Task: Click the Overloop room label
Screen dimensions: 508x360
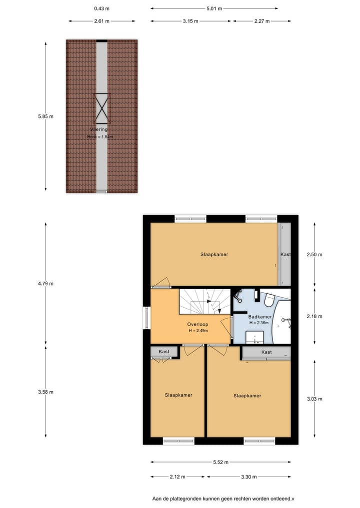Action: [198, 324]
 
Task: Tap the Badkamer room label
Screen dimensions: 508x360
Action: [260, 317]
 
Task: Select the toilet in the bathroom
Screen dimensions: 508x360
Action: [269, 300]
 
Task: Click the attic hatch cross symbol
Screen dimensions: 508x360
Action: [101, 108]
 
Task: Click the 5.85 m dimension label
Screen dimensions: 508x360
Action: [45, 116]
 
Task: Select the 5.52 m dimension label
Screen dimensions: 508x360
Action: [220, 462]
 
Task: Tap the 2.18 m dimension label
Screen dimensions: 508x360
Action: [314, 316]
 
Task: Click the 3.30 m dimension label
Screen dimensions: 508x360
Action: [248, 477]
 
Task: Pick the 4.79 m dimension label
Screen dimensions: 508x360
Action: [45, 283]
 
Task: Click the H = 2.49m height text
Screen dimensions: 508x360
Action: [198, 331]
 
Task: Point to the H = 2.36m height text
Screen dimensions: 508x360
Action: [259, 323]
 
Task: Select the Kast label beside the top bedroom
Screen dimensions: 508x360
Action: [285, 255]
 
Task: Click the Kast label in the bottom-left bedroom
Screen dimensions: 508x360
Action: [164, 352]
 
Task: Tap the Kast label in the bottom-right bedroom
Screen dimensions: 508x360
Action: [266, 352]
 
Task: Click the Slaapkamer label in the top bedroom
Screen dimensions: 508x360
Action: [214, 254]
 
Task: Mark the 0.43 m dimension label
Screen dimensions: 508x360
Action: [102, 8]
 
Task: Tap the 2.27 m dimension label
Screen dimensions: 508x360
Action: [261, 21]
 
